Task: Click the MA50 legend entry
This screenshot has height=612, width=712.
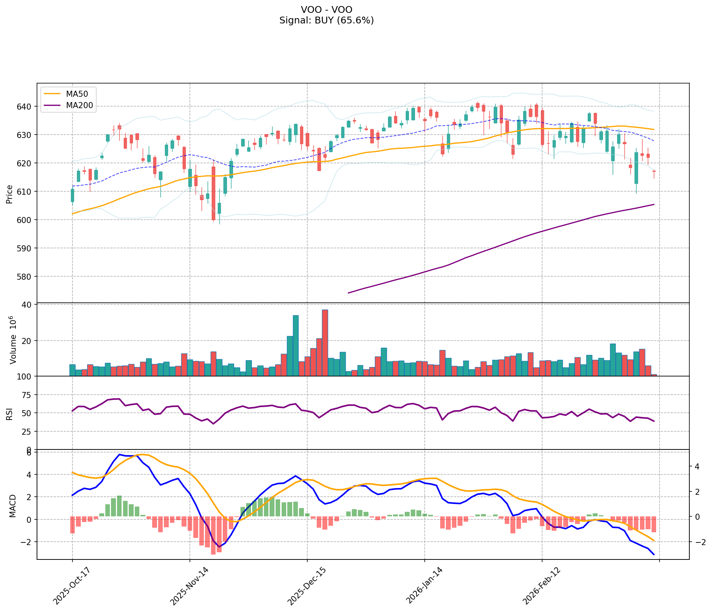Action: (74, 94)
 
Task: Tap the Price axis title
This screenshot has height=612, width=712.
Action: (9, 194)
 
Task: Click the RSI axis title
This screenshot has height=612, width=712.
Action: (9, 414)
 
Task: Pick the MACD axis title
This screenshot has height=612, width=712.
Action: (12, 506)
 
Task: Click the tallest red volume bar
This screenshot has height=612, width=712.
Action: (325, 342)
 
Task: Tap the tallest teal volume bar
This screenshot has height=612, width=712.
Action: (296, 346)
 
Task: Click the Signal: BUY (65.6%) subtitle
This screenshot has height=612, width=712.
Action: (327, 20)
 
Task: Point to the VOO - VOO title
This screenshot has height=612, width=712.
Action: (327, 9)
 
